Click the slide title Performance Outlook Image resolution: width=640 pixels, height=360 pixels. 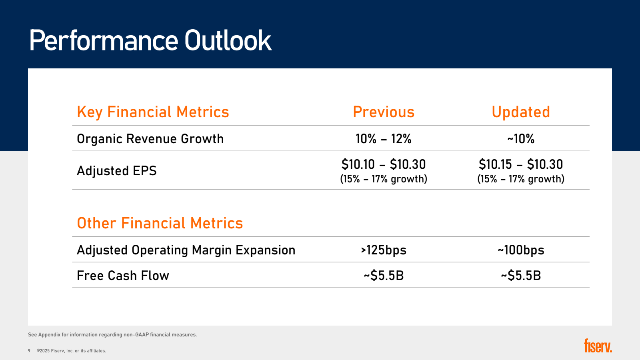click(150, 40)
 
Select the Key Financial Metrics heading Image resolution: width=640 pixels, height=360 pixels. click(153, 112)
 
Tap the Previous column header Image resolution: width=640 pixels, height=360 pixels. click(384, 112)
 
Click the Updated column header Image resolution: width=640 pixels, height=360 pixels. click(520, 112)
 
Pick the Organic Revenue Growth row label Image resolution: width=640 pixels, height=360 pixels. click(150, 139)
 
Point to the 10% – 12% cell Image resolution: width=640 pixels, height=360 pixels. click(383, 139)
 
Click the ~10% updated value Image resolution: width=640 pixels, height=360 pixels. click(520, 139)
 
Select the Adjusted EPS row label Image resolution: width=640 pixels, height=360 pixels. click(116, 171)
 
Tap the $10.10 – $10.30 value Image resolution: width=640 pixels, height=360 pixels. click(383, 164)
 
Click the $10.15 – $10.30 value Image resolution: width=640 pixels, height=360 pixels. click(520, 164)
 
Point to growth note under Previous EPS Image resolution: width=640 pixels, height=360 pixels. click(383, 179)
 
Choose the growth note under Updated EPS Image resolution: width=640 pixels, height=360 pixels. click(520, 179)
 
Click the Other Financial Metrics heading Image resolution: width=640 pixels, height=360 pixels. click(160, 223)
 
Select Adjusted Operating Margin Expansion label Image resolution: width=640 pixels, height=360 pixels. click(186, 250)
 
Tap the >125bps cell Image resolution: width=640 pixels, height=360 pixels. click(383, 250)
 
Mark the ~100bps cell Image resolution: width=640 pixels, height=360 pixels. click(520, 250)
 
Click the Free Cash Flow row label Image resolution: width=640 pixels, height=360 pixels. click(123, 276)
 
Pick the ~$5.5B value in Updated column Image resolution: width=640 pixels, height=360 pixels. click(520, 276)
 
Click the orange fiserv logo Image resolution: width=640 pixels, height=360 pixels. click(598, 346)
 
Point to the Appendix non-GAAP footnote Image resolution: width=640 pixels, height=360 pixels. click(112, 335)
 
